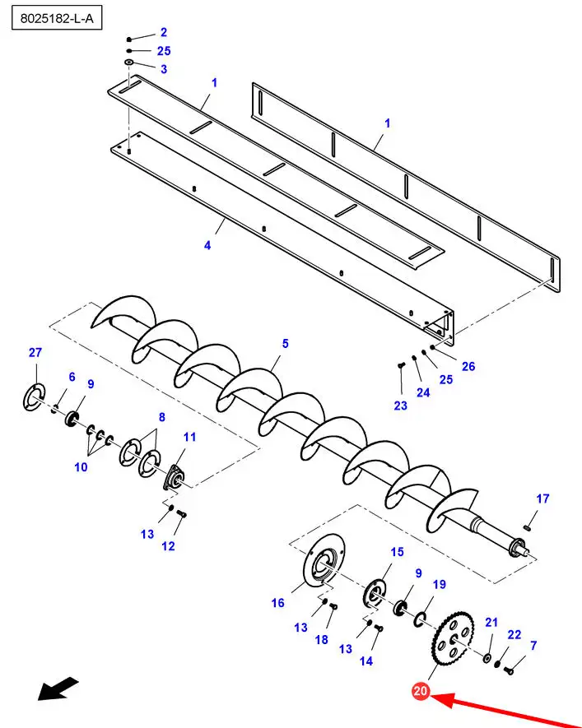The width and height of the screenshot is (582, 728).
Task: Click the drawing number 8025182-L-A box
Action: (x=56, y=18)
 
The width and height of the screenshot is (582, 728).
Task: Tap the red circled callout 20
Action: (x=421, y=692)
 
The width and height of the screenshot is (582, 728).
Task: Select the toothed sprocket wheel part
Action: (x=454, y=638)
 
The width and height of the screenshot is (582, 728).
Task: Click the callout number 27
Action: (x=35, y=353)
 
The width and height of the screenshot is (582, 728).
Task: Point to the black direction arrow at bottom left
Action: (x=58, y=688)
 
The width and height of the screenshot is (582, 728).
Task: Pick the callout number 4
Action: (x=207, y=245)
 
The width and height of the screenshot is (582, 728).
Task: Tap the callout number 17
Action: (x=542, y=498)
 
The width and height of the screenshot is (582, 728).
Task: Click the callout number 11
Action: (x=190, y=436)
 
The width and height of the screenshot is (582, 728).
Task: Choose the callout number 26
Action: (x=468, y=367)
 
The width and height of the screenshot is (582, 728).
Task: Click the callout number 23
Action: (x=400, y=405)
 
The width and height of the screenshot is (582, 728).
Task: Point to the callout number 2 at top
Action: (x=163, y=32)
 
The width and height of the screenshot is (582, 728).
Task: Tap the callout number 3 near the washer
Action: (x=163, y=69)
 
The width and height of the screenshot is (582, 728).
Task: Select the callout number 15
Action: (x=397, y=552)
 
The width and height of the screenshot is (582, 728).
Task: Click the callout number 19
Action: (x=439, y=584)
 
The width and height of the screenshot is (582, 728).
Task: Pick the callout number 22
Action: (x=514, y=635)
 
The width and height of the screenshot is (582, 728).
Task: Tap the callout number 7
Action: (x=533, y=645)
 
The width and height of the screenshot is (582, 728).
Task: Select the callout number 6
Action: (x=72, y=377)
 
